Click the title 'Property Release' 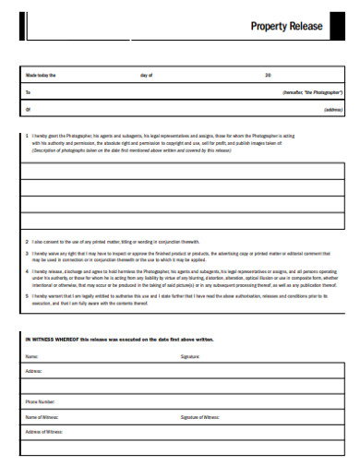[x=287, y=26]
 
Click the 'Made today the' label [x=41, y=75]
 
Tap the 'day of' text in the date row [x=146, y=75]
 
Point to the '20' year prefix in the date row [x=268, y=75]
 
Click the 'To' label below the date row [x=28, y=92]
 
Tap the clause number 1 [x=27, y=135]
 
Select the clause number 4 [x=27, y=272]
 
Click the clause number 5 [x=27, y=297]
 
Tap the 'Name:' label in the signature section [x=31, y=355]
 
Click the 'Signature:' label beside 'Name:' [x=190, y=355]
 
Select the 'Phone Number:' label [x=41, y=402]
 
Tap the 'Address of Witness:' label [x=44, y=432]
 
